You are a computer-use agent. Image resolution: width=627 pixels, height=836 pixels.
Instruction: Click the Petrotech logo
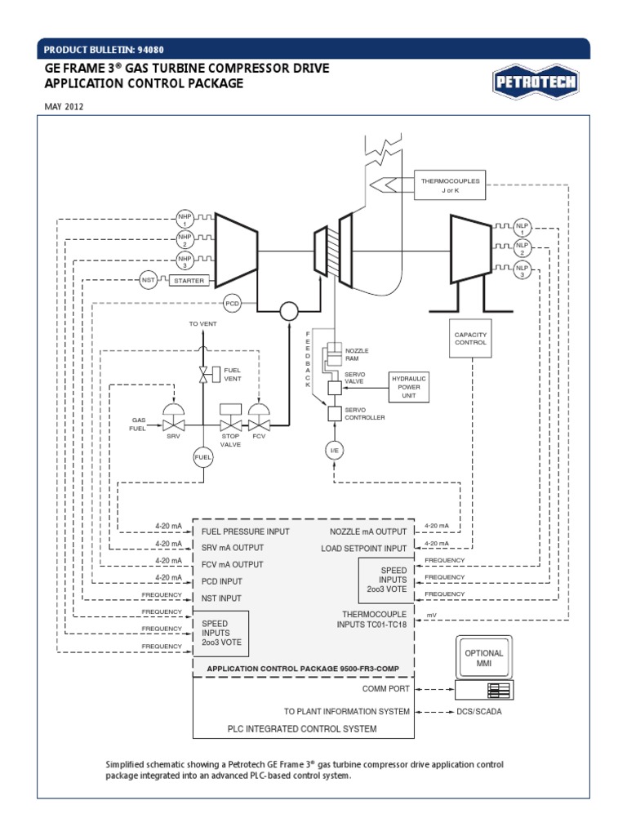point(535,82)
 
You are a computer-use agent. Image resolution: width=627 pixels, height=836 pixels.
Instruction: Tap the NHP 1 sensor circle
point(184,218)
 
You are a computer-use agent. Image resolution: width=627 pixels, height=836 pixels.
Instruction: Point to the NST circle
point(148,280)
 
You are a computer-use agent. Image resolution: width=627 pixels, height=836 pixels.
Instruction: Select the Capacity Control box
point(470,338)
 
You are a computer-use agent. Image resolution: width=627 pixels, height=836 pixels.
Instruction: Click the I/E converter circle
point(334,451)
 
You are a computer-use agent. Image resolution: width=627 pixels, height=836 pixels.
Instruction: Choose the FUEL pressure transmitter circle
point(202,457)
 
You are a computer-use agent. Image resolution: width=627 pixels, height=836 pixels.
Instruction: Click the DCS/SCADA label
point(480,711)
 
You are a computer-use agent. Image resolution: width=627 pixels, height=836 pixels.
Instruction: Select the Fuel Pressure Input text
point(246,531)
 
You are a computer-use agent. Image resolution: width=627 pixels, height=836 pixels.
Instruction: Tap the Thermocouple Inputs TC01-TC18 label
point(372,619)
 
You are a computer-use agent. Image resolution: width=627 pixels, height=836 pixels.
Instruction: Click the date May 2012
point(64,107)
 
